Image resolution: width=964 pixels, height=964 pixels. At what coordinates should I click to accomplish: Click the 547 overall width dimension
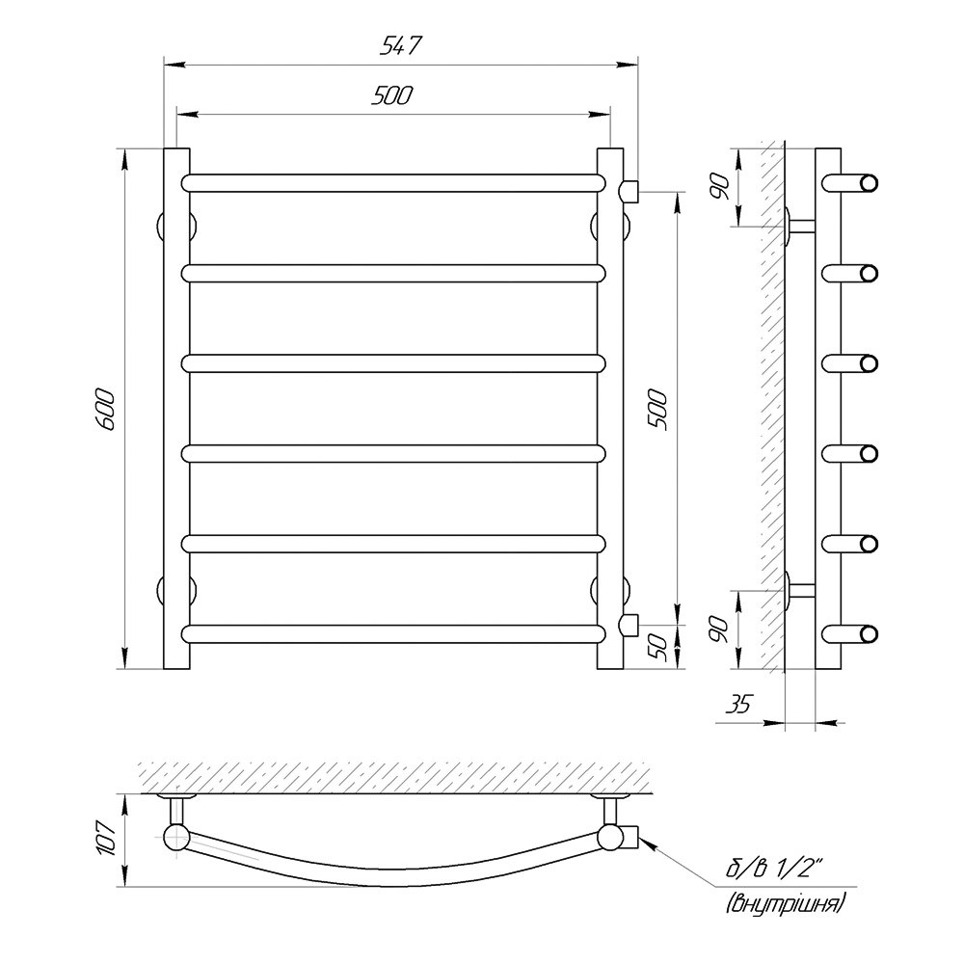click(x=400, y=46)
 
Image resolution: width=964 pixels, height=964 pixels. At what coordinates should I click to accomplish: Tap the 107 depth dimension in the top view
click(x=106, y=840)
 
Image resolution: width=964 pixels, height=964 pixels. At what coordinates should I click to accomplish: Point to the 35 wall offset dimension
click(x=738, y=704)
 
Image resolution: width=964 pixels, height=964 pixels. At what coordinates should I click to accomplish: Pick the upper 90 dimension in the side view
click(x=719, y=186)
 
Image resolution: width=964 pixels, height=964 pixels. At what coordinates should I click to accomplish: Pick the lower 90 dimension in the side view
click(x=719, y=629)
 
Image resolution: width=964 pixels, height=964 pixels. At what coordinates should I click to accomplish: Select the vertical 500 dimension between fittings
click(x=657, y=410)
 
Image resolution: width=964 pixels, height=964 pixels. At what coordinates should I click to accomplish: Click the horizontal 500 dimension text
click(x=392, y=95)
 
